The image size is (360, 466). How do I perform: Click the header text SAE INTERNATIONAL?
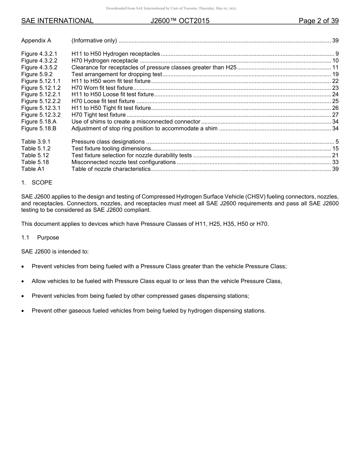click(57, 21)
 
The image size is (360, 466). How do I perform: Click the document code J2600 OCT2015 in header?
click(180, 21)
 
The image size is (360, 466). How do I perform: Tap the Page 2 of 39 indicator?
click(318, 21)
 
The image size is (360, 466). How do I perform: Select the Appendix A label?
click(36, 41)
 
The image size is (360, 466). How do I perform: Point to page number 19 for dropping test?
click(335, 74)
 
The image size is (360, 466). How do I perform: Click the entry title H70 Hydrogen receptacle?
click(105, 61)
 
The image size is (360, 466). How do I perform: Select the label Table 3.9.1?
click(36, 142)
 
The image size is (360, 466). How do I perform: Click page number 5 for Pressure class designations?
click(337, 142)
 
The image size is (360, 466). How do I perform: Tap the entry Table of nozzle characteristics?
click(111, 169)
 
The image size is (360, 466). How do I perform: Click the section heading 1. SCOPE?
click(37, 183)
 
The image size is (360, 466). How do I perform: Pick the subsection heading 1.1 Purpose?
click(40, 238)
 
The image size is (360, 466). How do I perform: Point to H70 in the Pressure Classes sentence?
click(262, 224)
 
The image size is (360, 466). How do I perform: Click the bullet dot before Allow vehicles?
click(23, 281)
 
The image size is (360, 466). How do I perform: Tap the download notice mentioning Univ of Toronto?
click(171, 8)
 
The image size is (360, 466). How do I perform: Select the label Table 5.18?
click(35, 162)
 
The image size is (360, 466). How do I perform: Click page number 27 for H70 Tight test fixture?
click(335, 115)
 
